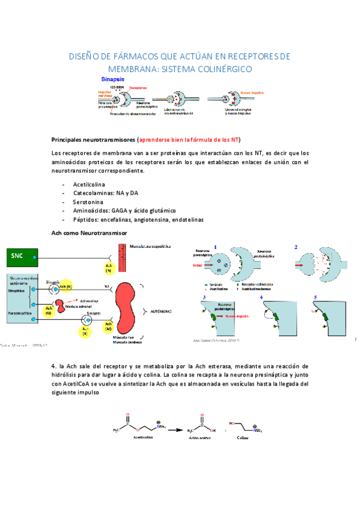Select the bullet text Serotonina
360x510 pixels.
click(90, 202)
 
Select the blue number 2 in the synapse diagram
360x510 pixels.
click(296, 247)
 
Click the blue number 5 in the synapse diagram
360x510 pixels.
click(316, 297)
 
